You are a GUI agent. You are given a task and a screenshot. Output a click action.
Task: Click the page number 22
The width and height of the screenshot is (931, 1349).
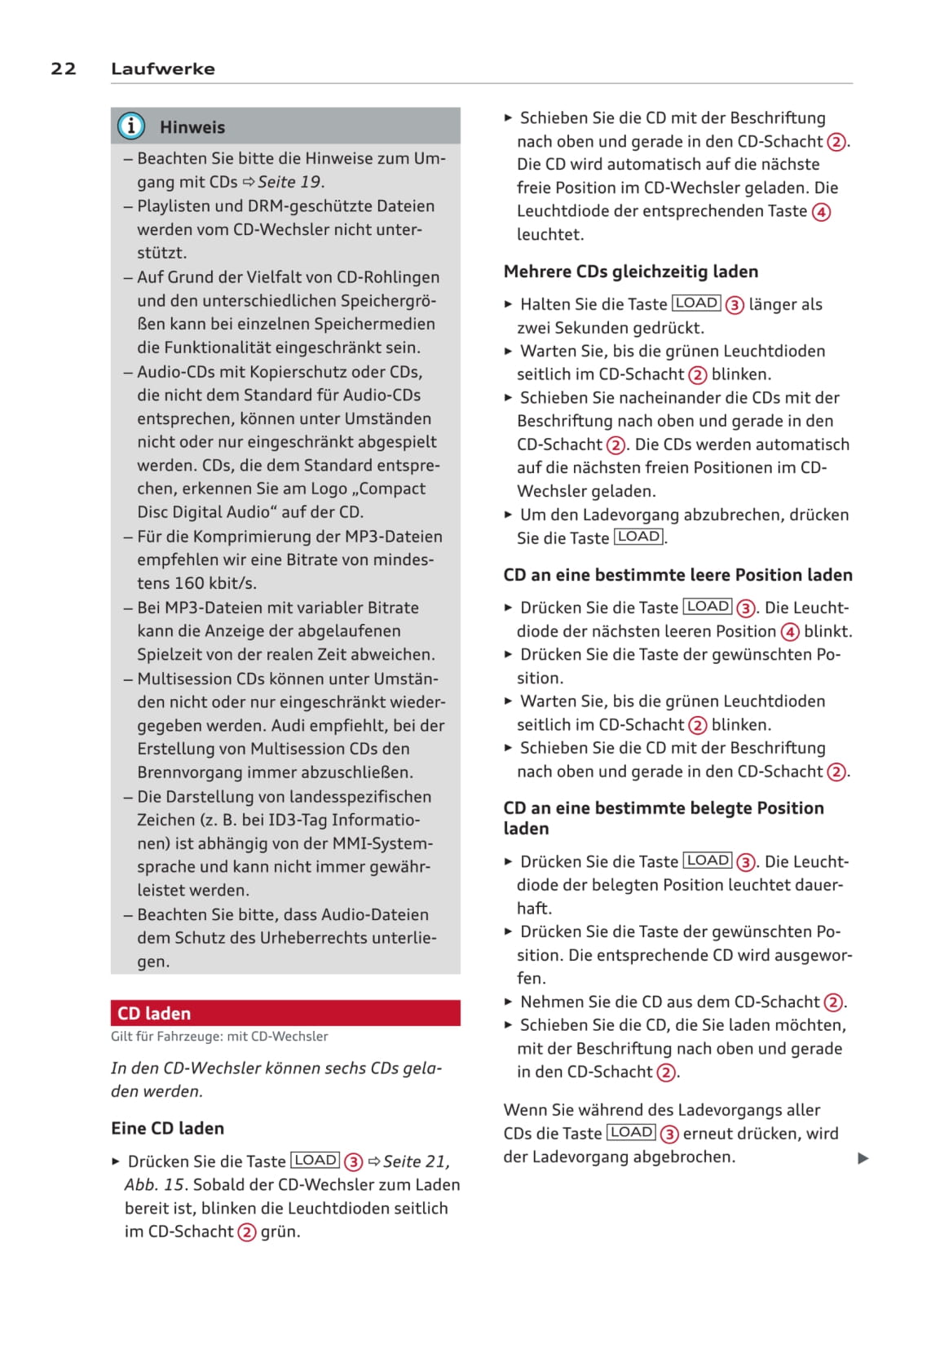click(x=64, y=69)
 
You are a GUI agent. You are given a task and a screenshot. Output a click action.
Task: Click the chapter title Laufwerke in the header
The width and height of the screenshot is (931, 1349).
click(x=163, y=69)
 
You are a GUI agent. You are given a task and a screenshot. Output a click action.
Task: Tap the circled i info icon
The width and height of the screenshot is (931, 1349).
click(x=131, y=126)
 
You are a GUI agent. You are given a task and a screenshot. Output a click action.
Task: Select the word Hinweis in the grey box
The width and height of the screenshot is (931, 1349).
click(x=192, y=127)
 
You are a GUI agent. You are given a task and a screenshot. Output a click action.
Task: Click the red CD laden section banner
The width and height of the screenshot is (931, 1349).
click(x=285, y=1013)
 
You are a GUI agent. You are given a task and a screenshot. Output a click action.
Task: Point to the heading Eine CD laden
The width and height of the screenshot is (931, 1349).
click(x=168, y=1128)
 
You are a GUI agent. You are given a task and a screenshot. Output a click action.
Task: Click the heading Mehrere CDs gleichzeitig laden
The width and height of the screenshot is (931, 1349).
click(x=631, y=272)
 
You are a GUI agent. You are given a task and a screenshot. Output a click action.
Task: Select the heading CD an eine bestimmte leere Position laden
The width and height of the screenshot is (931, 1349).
click(x=677, y=575)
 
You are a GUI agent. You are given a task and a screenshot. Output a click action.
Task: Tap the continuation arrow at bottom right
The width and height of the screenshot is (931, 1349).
click(x=863, y=1158)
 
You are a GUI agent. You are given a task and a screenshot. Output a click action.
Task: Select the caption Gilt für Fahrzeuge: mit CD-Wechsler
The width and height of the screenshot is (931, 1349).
click(x=219, y=1037)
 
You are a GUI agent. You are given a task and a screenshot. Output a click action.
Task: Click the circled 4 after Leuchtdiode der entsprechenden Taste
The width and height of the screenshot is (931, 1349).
click(x=822, y=212)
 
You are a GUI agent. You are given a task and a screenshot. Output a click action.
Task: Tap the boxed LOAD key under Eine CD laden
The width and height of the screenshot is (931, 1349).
click(x=315, y=1161)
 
